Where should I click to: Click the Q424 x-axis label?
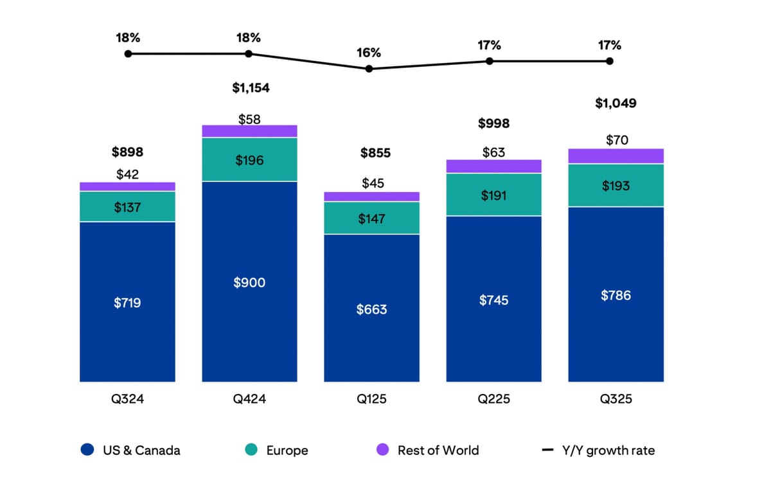[x=249, y=399]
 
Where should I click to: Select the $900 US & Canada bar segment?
[x=249, y=282]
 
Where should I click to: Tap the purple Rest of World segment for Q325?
[x=616, y=156]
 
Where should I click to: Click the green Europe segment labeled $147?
[x=371, y=219]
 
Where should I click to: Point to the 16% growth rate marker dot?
[x=369, y=68]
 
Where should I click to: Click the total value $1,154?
[x=251, y=88]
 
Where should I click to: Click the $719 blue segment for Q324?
[x=127, y=302]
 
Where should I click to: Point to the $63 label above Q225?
[x=493, y=152]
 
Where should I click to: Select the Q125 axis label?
[x=371, y=399]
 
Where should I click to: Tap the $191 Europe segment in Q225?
[x=493, y=195]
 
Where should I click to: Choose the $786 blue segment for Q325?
[x=616, y=295]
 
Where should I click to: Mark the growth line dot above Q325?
[x=609, y=61]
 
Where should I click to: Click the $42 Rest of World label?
[x=127, y=174]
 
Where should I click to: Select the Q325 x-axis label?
[x=616, y=399]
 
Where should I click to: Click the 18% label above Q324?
[x=127, y=37]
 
